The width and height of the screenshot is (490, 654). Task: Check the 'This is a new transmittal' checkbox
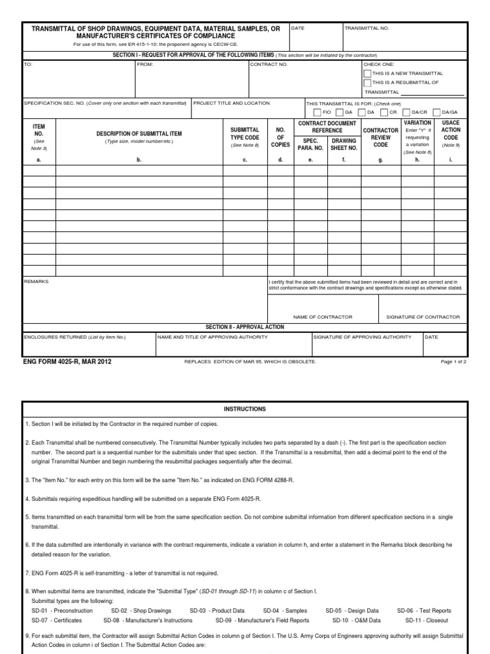point(367,73)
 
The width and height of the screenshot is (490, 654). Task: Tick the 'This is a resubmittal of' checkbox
point(367,82)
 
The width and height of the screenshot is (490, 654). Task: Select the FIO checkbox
point(317,112)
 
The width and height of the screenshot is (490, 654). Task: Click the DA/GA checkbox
point(438,112)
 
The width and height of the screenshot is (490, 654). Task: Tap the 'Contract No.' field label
point(269,65)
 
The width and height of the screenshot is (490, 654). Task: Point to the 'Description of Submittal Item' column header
point(138,133)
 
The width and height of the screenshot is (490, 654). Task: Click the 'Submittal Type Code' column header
point(244,133)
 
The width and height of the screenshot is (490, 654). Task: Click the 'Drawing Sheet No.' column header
point(344,144)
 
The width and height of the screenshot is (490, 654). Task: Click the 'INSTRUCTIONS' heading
point(244,409)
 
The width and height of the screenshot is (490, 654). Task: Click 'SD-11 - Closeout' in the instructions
point(427,620)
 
